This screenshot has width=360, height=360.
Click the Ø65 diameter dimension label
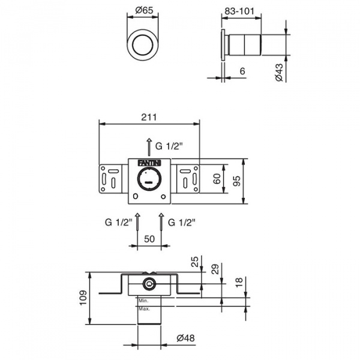click(144, 10)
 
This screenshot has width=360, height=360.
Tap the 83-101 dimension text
click(239, 11)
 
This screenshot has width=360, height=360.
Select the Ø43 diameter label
click(280, 73)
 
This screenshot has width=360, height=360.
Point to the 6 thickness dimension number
click(242, 71)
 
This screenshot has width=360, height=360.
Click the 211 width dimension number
click(149, 117)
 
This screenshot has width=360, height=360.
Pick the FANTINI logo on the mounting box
click(149, 163)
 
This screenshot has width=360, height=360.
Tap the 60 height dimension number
click(217, 179)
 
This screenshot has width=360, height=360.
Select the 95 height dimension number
click(236, 181)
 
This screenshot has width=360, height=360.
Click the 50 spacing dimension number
click(149, 239)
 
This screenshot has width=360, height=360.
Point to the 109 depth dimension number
click(83, 298)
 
